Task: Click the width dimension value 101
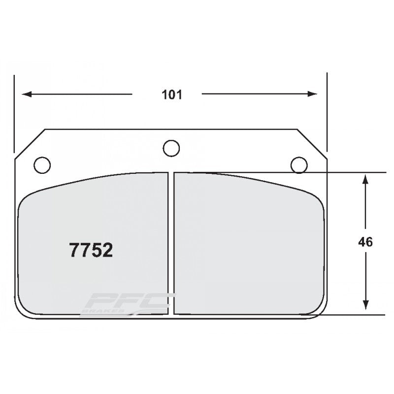point(172,95)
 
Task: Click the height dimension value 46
point(365,242)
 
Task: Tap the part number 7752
point(91,251)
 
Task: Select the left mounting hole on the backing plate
point(42,164)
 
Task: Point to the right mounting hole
point(299,164)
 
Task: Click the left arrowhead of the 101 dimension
point(25,94)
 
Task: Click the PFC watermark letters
point(131,300)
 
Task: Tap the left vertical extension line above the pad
point(15,113)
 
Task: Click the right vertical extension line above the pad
point(327,113)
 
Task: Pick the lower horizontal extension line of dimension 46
point(355,314)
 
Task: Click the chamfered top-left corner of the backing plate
point(30,144)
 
